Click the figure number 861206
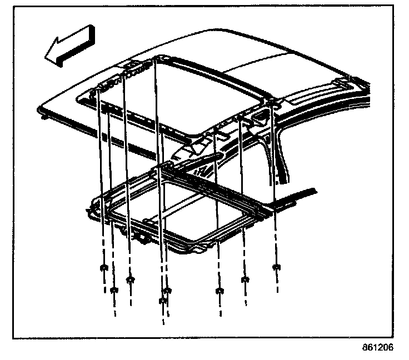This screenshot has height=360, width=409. click(x=378, y=348)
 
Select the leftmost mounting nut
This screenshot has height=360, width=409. click(x=103, y=268)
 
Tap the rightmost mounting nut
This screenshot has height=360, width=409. click(x=275, y=268)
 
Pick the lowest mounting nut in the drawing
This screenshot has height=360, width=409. click(x=162, y=301)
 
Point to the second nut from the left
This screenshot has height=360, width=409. click(x=114, y=289)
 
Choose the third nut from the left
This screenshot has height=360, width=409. click(x=131, y=278)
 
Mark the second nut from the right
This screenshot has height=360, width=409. click(x=243, y=279)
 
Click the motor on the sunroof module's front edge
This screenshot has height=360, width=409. click(x=146, y=238)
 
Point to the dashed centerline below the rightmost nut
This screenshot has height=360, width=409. click(x=276, y=283)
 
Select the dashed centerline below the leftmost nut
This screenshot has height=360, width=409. click(x=103, y=283)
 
